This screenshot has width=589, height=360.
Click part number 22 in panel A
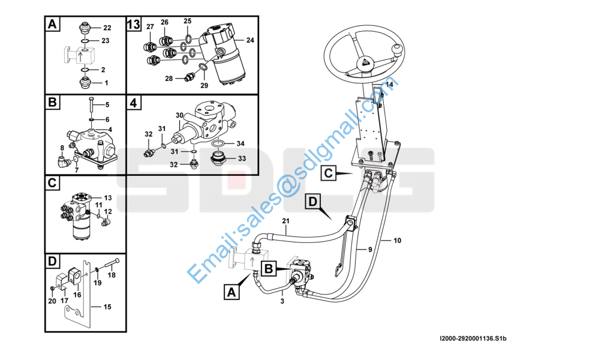107,28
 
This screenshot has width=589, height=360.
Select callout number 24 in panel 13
250,40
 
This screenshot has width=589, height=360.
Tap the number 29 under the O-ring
204,85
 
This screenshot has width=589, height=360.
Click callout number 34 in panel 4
241,143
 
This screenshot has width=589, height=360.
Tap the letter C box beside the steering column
328,173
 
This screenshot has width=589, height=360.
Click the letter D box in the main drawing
312,202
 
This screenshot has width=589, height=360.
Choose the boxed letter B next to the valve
269,269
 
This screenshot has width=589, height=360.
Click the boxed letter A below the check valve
232,292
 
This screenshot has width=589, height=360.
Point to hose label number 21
286,221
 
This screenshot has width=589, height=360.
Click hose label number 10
398,241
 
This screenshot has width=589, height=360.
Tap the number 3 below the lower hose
282,301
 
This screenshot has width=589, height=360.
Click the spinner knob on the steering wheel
398,50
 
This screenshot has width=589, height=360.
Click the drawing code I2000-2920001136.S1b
473,338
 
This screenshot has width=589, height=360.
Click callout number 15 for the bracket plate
107,307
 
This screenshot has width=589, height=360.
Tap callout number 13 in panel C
108,197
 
